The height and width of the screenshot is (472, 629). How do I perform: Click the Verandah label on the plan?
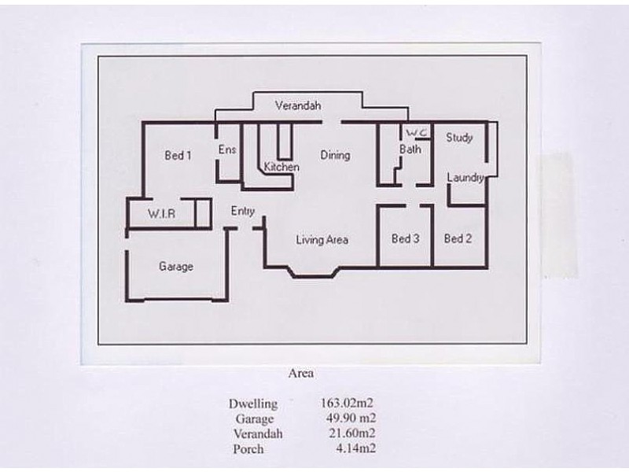tap(298, 106)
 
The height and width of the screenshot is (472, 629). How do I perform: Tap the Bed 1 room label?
tap(178, 156)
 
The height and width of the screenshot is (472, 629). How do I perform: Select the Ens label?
tap(227, 150)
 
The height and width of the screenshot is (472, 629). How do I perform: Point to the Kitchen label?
tap(281, 168)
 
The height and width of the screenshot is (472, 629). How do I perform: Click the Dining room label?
tap(335, 155)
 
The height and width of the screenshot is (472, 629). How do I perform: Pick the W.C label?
tap(416, 132)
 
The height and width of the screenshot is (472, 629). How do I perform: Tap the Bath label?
tap(410, 149)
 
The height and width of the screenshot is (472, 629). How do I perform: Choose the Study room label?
tap(459, 138)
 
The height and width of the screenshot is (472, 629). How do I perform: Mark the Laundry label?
tap(465, 178)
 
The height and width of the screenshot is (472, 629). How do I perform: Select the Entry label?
tap(242, 211)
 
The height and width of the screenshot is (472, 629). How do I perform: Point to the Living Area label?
tap(322, 240)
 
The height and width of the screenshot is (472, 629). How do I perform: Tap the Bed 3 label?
tap(405, 239)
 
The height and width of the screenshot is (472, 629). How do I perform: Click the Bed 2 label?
tap(458, 239)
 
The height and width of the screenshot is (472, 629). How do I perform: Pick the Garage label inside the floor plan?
tap(176, 267)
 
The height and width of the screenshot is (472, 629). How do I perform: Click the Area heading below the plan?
tap(301, 374)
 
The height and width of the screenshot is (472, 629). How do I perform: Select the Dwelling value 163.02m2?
tap(348, 404)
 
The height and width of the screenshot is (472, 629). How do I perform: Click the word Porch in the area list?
tap(248, 449)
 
